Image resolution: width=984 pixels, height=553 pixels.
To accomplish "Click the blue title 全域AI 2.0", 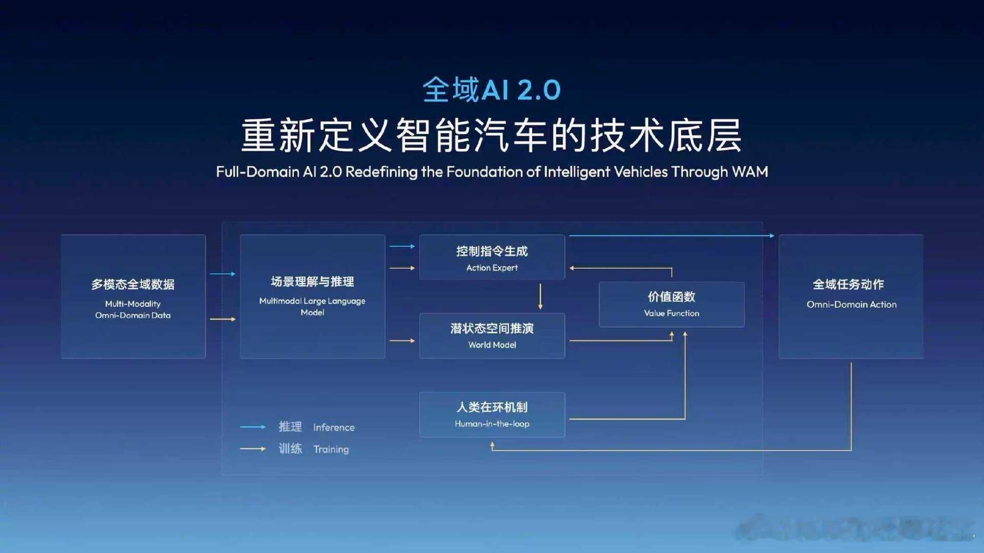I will tap(491, 90).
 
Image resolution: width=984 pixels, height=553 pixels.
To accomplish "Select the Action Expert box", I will tap(491, 258).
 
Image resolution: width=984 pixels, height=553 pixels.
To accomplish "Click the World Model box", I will tap(491, 336).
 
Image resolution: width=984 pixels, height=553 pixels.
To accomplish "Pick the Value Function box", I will tap(671, 305).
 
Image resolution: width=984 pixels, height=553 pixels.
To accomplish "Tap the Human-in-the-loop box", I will tap(491, 415).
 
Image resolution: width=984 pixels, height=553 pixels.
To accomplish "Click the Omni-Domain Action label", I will tap(851, 305).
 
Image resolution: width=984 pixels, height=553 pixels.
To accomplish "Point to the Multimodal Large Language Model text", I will tap(312, 306).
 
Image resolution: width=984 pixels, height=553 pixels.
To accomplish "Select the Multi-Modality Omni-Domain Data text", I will tap(133, 309).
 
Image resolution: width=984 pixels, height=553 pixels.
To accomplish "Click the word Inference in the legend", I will tap(334, 428).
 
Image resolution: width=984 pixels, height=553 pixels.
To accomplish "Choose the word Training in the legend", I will tap(331, 450).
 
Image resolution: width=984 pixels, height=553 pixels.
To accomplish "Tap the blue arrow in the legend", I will tap(253, 427).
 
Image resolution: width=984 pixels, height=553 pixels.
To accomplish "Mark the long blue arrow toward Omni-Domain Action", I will tap(671, 236).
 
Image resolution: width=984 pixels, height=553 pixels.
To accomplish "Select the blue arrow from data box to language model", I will tap(222, 274).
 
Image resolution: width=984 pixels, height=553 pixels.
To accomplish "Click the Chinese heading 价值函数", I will tap(671, 296).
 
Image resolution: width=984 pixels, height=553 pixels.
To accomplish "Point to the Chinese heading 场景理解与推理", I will tap(312, 282).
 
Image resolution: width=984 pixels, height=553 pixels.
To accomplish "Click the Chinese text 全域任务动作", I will tap(848, 284).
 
